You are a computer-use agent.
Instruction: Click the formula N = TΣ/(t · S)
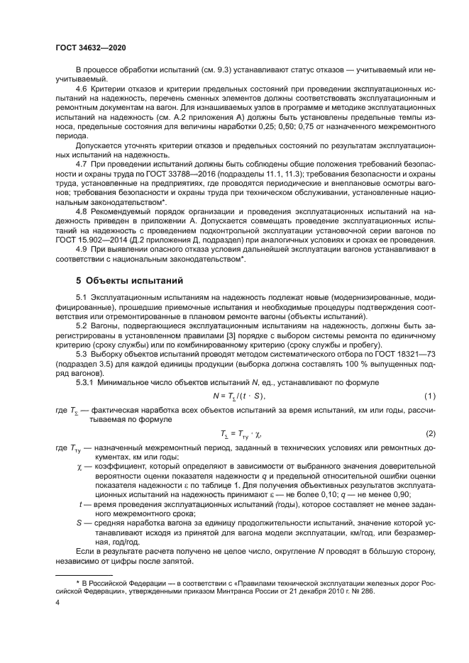(x=239, y=395)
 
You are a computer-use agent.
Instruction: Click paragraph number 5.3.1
(x=87, y=383)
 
